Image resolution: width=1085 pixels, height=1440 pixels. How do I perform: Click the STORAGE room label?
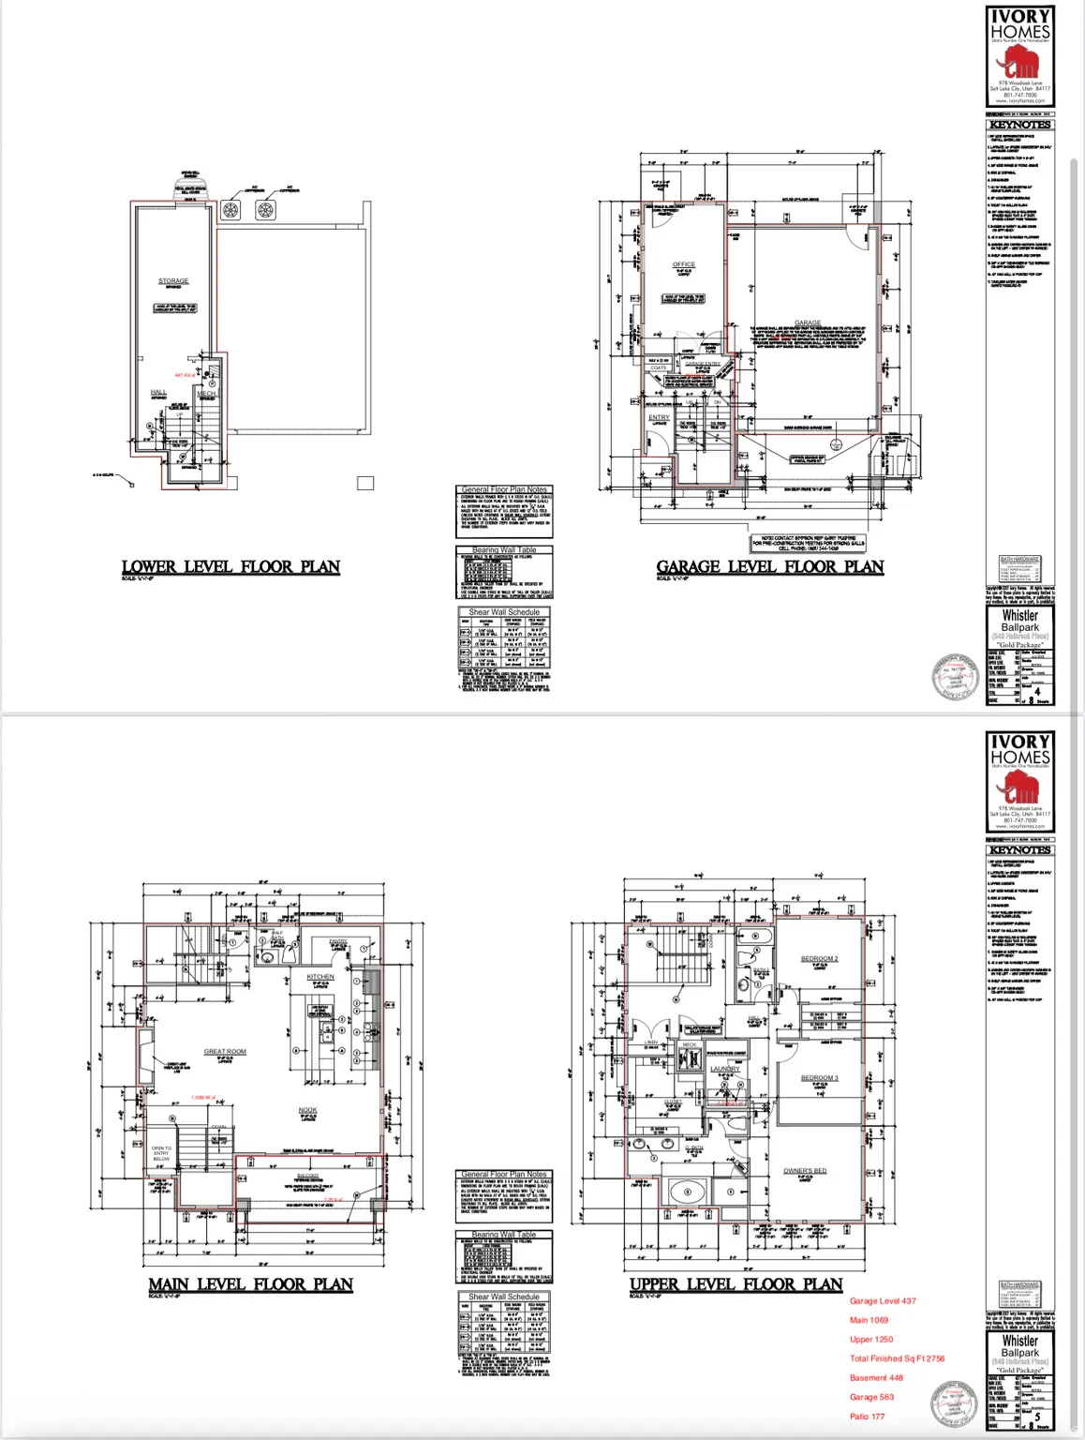173,280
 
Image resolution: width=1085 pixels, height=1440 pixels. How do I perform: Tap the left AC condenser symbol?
232,209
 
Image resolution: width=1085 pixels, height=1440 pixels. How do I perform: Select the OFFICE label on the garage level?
684,264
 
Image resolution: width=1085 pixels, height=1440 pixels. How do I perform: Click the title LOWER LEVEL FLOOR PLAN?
230,566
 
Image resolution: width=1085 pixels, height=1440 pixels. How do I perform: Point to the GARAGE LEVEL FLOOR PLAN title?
769,566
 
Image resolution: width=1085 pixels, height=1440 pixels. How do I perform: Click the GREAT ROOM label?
225,1051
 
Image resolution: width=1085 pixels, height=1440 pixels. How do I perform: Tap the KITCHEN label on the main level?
320,977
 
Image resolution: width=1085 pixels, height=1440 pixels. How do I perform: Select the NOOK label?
307,1110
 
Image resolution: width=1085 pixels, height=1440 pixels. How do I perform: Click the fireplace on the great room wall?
146,1058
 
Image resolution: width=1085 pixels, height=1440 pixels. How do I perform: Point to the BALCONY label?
307,1176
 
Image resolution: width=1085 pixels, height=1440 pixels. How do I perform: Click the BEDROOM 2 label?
819,958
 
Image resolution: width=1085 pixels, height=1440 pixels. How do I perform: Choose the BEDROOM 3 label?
819,1077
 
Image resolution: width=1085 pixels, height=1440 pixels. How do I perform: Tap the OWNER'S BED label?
805,1171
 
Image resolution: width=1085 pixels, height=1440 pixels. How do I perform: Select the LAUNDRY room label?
724,1069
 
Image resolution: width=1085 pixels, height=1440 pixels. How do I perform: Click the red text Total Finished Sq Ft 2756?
897,1357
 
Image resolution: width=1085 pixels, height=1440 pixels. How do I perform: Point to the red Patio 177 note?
867,1416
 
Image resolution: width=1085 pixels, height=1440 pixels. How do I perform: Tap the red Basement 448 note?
876,1377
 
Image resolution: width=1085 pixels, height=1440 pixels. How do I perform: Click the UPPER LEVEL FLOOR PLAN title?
736,1284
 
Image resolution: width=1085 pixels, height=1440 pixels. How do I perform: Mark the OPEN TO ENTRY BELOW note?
161,1153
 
